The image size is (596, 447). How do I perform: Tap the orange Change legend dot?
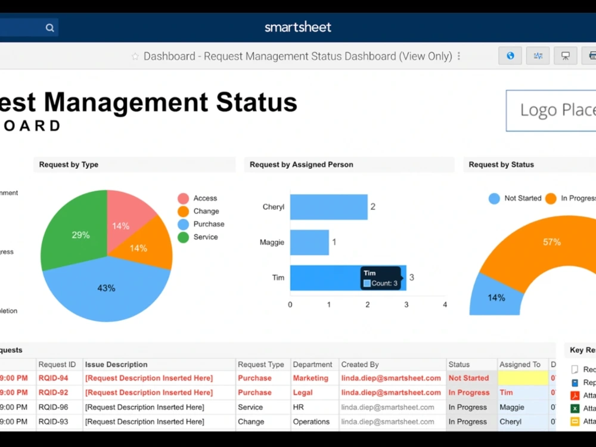pyautogui.click(x=183, y=211)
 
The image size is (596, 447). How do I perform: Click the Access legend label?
pyautogui.click(x=205, y=198)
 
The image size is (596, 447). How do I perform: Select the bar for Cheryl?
pyautogui.click(x=328, y=207)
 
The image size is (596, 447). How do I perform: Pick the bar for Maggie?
pyautogui.click(x=309, y=243)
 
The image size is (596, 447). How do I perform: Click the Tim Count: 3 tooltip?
pyautogui.click(x=381, y=278)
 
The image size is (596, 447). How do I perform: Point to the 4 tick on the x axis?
pyautogui.click(x=445, y=305)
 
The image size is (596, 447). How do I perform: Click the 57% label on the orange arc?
pyautogui.click(x=551, y=242)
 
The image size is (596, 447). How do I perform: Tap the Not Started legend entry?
pyautogui.click(x=515, y=198)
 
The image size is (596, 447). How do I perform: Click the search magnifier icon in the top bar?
pyautogui.click(x=50, y=27)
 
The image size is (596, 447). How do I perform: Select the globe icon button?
pyautogui.click(x=510, y=56)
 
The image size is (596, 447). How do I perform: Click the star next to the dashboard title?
pyautogui.click(x=135, y=57)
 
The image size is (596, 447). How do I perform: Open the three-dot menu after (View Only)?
pyautogui.click(x=459, y=56)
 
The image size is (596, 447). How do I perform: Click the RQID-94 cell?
pyautogui.click(x=54, y=378)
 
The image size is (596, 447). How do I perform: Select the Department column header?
pyautogui.click(x=312, y=364)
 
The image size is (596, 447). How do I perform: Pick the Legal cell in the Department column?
pyautogui.click(x=303, y=392)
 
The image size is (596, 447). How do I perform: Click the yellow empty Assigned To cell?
pyautogui.click(x=523, y=378)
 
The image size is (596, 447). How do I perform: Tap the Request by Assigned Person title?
pyautogui.click(x=301, y=164)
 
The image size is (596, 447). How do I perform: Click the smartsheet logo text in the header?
pyautogui.click(x=297, y=27)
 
